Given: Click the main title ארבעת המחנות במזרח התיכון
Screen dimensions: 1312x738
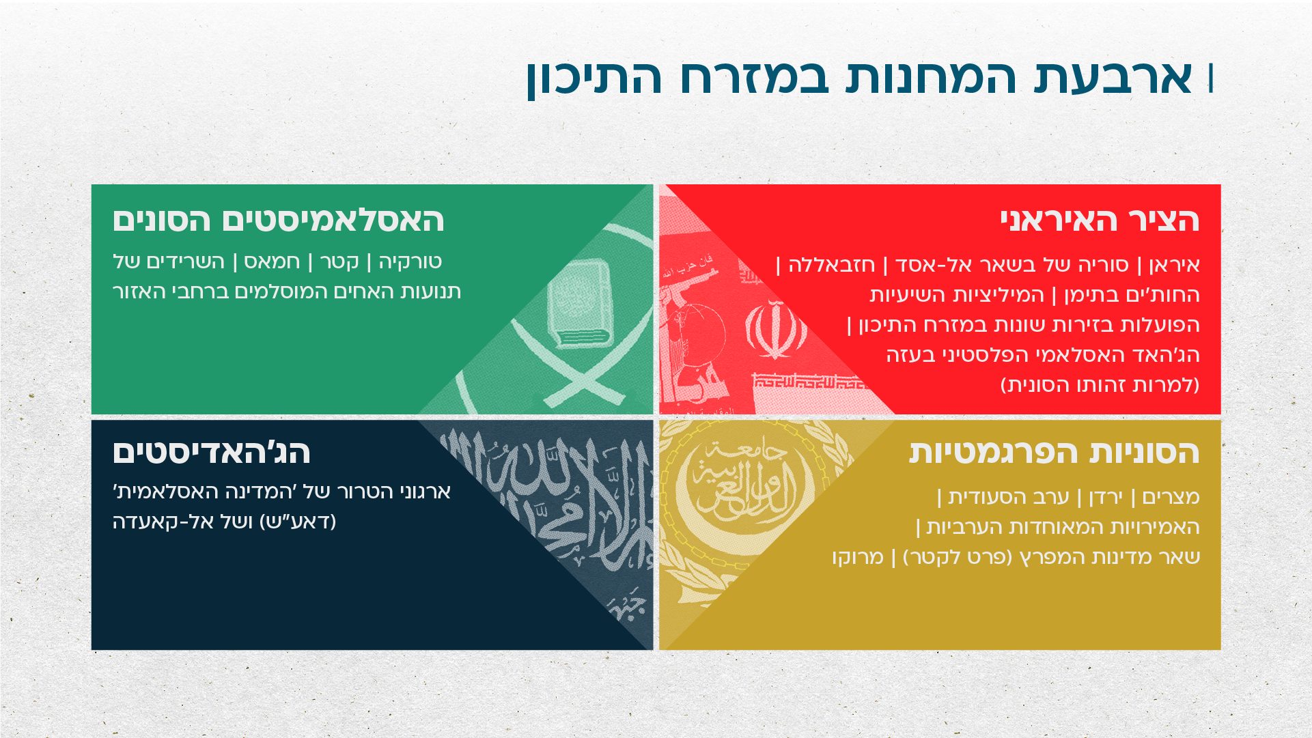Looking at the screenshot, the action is coord(859,77).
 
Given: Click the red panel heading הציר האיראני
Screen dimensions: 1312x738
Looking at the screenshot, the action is coord(1100,220).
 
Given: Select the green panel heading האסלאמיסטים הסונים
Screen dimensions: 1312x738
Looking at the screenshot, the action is coord(279,220).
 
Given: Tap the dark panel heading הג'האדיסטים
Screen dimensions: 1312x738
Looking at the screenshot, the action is coord(212,452).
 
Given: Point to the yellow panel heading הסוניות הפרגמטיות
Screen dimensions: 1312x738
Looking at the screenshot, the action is coord(1054,452).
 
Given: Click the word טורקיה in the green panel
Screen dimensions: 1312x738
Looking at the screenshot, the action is coord(410,261).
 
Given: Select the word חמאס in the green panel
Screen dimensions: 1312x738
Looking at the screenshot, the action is coord(272,261).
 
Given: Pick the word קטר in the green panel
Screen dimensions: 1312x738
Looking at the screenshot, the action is coord(339,261).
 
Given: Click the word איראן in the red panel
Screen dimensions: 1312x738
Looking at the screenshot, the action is coord(1175,265).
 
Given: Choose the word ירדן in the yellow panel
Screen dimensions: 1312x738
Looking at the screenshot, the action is coord(1105,497).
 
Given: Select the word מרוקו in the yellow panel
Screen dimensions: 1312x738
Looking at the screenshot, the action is coord(858,557).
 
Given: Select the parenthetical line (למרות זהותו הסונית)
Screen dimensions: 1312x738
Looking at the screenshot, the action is coord(1100,385).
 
